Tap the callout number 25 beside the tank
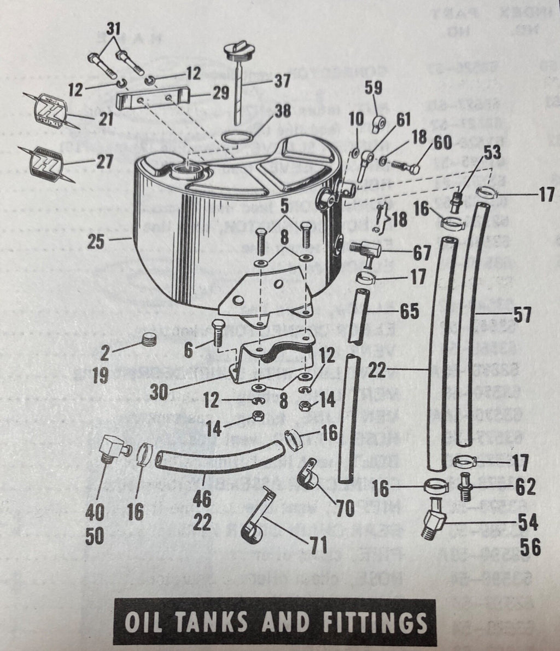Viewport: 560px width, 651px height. [x=96, y=241]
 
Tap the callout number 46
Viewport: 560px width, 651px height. [x=202, y=499]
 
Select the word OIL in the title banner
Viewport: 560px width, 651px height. [x=144, y=623]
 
